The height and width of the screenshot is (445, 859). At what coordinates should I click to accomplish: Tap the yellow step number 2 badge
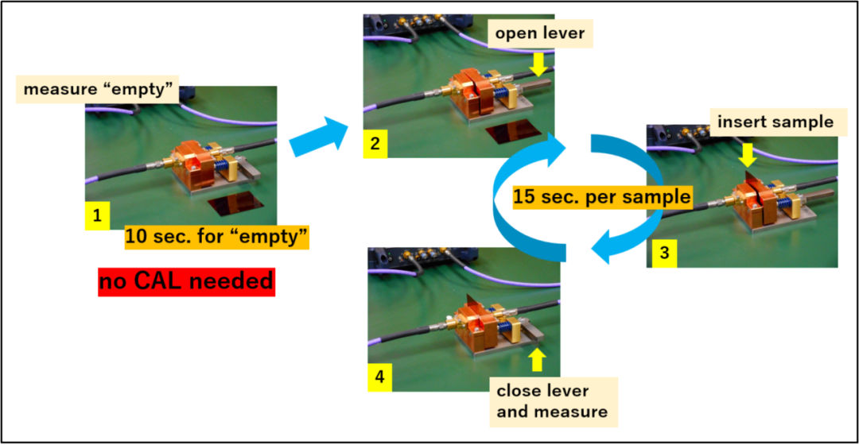tap(375, 145)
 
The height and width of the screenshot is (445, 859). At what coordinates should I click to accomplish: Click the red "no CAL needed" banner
tap(186, 281)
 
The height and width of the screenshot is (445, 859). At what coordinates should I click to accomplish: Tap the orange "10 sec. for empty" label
tap(216, 237)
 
